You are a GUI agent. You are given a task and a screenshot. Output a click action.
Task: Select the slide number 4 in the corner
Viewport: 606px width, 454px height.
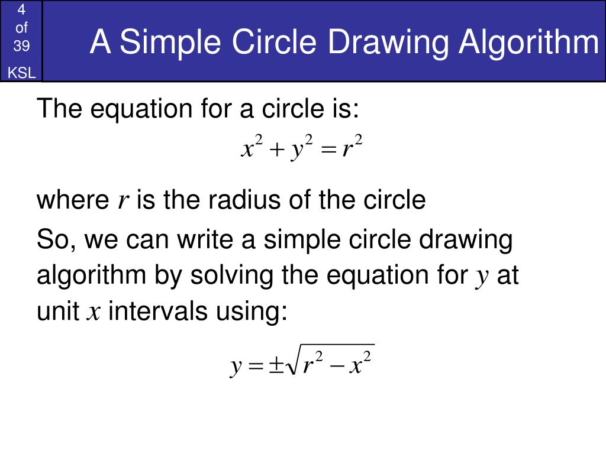click(x=21, y=10)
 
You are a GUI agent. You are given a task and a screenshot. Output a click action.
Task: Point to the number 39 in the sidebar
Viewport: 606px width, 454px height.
click(x=21, y=46)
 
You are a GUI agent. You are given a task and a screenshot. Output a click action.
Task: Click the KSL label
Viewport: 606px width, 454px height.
click(x=21, y=73)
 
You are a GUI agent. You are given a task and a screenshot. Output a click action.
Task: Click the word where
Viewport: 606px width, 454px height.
click(x=70, y=200)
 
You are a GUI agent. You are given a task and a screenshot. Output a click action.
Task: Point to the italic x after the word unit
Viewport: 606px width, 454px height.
click(x=93, y=312)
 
